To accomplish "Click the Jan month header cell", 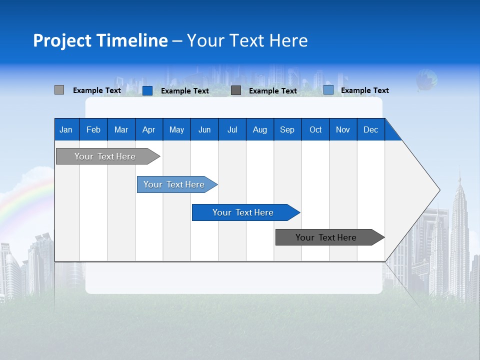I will pyautogui.click(x=66, y=129).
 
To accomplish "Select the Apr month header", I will pyautogui.click(x=149, y=129).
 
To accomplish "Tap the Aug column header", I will pyautogui.click(x=260, y=129).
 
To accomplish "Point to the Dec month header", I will pyautogui.click(x=370, y=129).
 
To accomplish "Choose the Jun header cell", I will pyautogui.click(x=204, y=129).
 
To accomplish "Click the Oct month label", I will pyautogui.click(x=315, y=129).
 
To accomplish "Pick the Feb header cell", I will pyautogui.click(x=93, y=129).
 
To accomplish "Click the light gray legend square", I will pyautogui.click(x=59, y=90).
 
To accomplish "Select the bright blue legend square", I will pyautogui.click(x=147, y=90).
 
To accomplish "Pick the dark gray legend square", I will pyautogui.click(x=236, y=90).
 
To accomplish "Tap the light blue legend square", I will pyautogui.click(x=328, y=90).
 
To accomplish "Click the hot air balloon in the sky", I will pyautogui.click(x=426, y=80).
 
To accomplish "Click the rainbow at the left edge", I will pyautogui.click(x=20, y=202).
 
